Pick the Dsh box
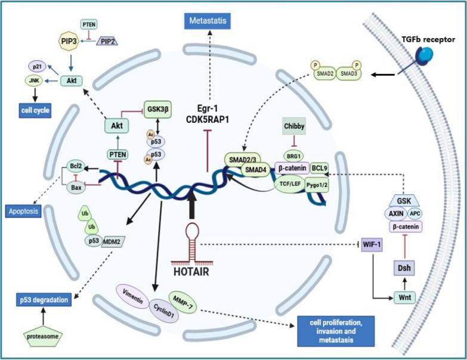pos(404,269)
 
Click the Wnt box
pos(404,296)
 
